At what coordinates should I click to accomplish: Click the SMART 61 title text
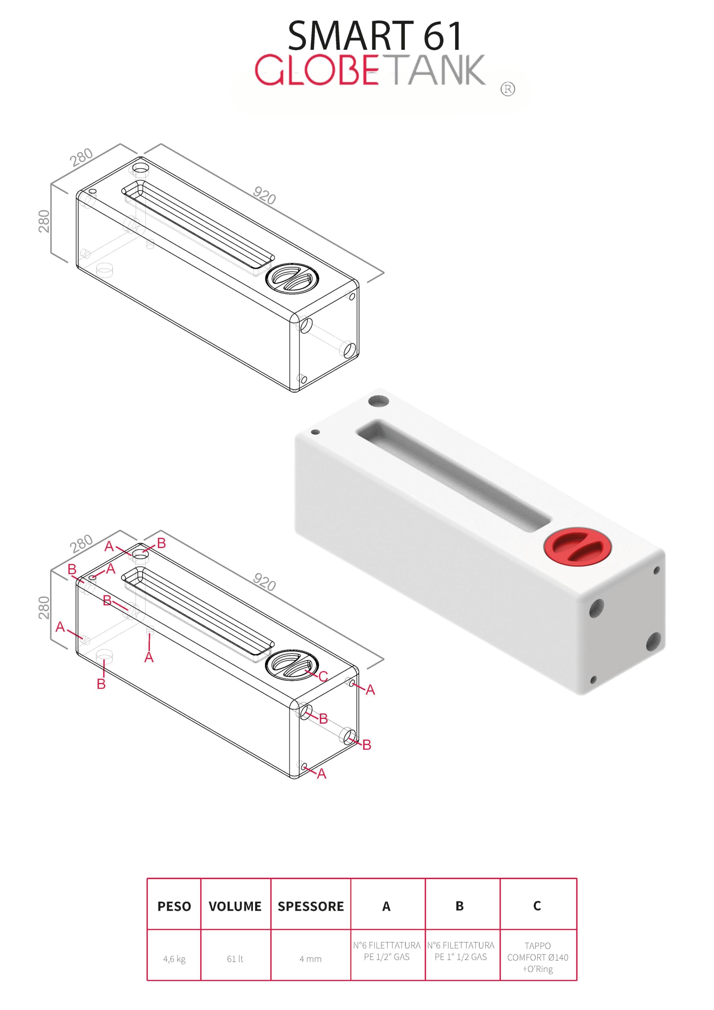coord(375,36)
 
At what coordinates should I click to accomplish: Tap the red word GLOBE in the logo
coord(317,69)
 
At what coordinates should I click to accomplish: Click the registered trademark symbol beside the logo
coord(508,89)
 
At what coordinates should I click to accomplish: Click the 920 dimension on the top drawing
coord(264,195)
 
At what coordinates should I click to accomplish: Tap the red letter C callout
coord(323,676)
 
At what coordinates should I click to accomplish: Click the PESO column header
coord(174,906)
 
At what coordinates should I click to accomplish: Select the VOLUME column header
coord(235,906)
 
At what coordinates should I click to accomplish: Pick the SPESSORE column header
coord(310,906)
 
